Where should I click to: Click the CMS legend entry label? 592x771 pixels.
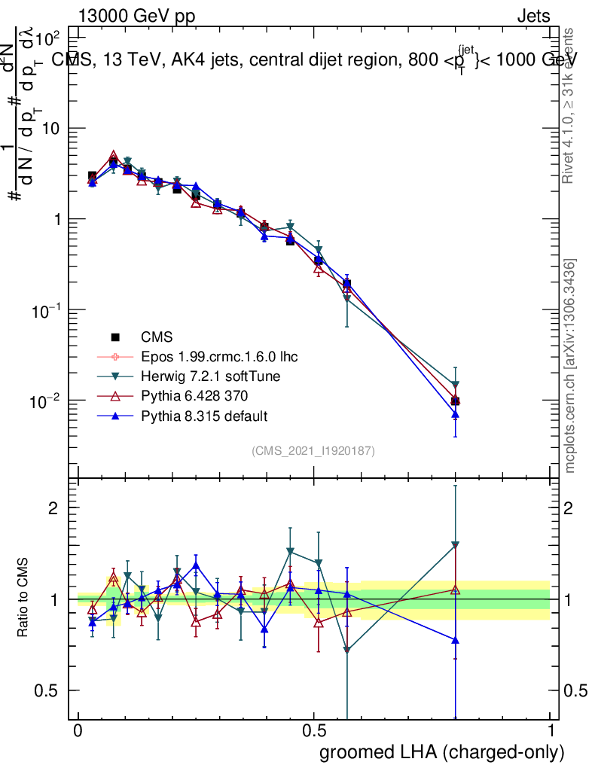point(157,337)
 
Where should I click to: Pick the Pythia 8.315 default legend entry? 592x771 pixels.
point(204,416)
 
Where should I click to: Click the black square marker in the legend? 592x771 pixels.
point(115,337)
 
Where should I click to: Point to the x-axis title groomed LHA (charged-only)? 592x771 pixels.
point(443,752)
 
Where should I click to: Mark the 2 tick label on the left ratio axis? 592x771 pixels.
point(53,508)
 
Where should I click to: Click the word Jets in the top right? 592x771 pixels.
point(533,17)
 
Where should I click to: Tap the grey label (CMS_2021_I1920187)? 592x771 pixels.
point(313,450)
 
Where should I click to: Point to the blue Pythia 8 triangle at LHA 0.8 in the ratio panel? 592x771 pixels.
point(455,640)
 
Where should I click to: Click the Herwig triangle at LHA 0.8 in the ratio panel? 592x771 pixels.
point(455,544)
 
